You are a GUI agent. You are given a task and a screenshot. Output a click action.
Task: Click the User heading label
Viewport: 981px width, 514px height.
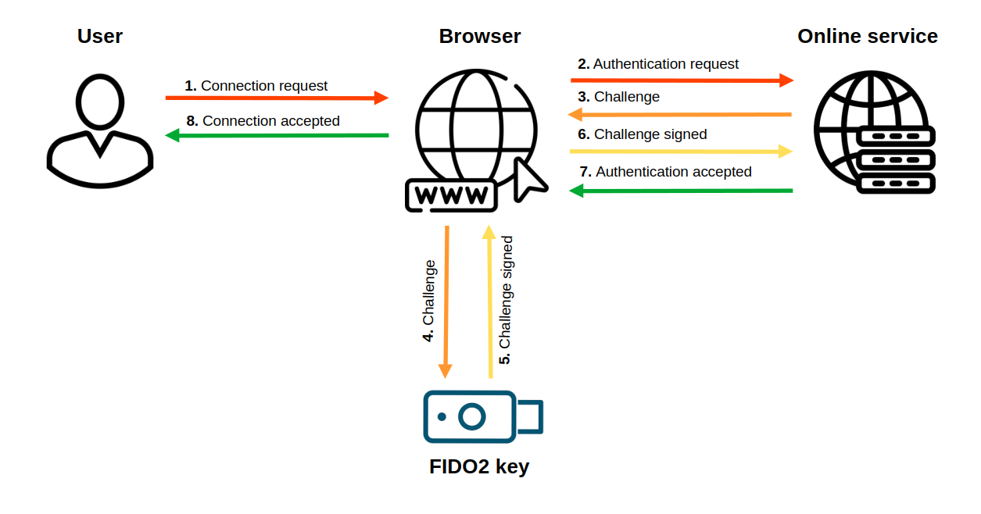coord(100,36)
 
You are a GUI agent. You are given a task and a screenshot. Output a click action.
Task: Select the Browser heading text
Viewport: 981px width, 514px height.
coord(479,36)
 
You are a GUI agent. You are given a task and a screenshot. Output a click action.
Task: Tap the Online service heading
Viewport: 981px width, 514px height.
coord(867,36)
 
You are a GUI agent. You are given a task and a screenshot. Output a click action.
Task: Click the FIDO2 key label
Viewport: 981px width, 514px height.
coord(479,466)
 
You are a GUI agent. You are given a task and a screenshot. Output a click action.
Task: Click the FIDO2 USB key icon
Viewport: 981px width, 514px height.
coord(481,416)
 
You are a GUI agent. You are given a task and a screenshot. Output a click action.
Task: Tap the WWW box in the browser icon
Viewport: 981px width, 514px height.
coord(451,195)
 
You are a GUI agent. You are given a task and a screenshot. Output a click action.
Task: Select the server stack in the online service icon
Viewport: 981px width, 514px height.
coord(896,161)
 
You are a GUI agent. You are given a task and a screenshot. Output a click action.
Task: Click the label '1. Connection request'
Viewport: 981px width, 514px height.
coord(256,86)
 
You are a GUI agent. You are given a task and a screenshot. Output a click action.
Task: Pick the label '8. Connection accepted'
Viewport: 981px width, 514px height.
coord(263,121)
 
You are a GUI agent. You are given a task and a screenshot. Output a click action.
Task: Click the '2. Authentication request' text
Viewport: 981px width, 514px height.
coord(658,64)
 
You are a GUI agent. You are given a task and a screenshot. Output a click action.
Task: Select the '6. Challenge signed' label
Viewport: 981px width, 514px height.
coord(643,134)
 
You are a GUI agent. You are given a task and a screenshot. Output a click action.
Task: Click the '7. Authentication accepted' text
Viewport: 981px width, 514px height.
coord(665,172)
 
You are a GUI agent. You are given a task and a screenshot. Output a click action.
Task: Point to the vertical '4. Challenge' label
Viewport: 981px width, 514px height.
coord(428,301)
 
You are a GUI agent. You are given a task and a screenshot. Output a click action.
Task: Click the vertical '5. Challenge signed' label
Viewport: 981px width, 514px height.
coord(506,300)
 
